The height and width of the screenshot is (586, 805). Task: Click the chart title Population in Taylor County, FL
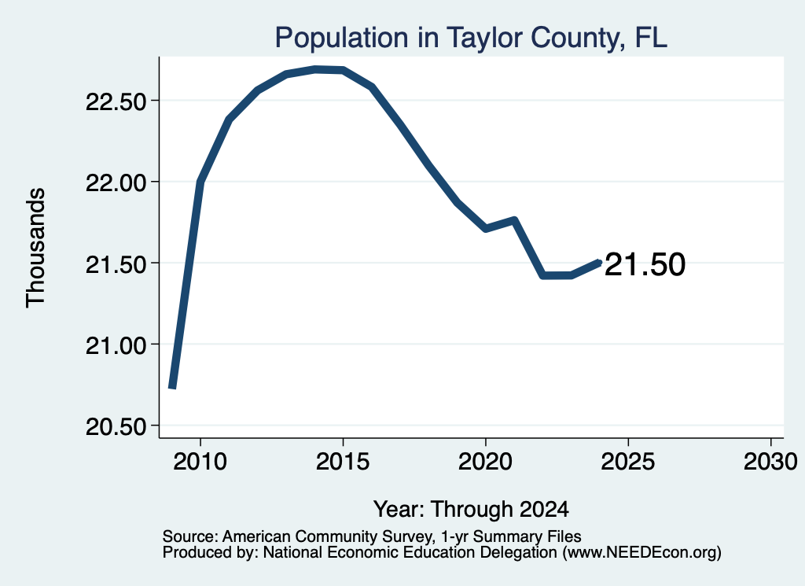pyautogui.click(x=471, y=39)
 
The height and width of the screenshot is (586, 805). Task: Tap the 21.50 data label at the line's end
pyautogui.click(x=645, y=265)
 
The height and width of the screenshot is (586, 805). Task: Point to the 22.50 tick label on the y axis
pyautogui.click(x=116, y=101)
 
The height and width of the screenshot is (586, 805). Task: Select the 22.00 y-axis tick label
pyautogui.click(x=116, y=182)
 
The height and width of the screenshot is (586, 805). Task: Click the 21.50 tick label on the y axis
pyautogui.click(x=116, y=264)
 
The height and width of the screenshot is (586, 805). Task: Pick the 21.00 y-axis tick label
pyautogui.click(x=116, y=345)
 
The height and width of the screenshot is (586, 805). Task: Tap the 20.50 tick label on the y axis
pyautogui.click(x=116, y=426)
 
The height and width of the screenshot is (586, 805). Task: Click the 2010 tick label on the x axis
pyautogui.click(x=200, y=462)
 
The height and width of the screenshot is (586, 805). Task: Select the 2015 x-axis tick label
pyautogui.click(x=343, y=462)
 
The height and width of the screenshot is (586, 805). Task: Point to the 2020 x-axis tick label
pyautogui.click(x=485, y=462)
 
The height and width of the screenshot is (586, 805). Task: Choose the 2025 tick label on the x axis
pyautogui.click(x=628, y=462)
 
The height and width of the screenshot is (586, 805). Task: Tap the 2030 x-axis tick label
pyautogui.click(x=770, y=462)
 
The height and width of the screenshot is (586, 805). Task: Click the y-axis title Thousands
pyautogui.click(x=36, y=248)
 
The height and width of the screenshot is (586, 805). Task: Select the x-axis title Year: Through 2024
pyautogui.click(x=472, y=510)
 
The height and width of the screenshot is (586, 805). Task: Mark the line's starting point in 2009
pyautogui.click(x=172, y=387)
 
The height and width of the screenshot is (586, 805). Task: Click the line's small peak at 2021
pyautogui.click(x=514, y=220)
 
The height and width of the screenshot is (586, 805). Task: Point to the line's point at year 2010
pyautogui.click(x=200, y=182)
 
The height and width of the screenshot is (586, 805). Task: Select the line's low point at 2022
pyautogui.click(x=542, y=276)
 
